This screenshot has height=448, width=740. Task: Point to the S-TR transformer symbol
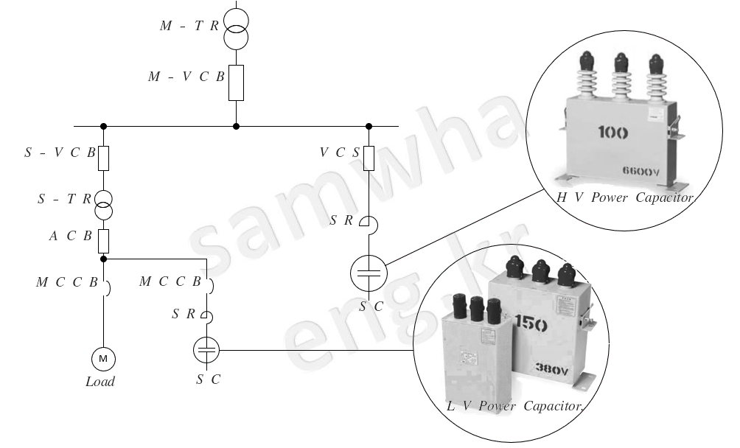(x=103, y=204)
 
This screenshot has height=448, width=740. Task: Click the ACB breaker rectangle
(x=103, y=239)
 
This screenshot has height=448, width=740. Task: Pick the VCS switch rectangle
(x=369, y=156)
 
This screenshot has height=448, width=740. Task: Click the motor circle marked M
(x=103, y=358)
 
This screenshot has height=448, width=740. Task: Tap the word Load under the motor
(x=100, y=382)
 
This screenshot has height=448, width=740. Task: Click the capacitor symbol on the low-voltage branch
(x=207, y=350)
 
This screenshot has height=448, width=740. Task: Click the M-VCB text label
(x=186, y=77)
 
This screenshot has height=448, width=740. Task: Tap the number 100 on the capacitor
(x=613, y=133)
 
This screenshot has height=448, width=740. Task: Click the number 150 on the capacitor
(x=531, y=322)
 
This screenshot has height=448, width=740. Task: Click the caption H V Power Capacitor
(x=624, y=197)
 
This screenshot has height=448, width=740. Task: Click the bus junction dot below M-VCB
(x=236, y=126)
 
